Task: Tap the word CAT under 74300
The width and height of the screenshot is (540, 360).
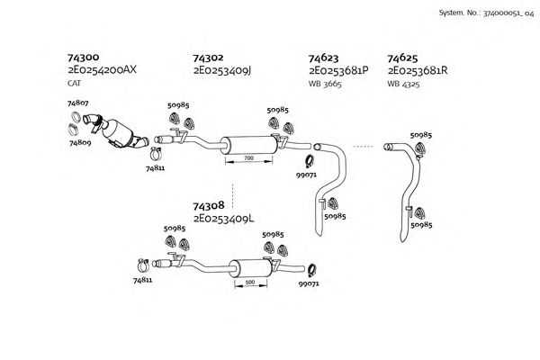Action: tap(74, 83)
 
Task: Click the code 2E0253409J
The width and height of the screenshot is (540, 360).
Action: tap(221, 70)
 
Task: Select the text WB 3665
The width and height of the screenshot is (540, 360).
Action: tap(325, 83)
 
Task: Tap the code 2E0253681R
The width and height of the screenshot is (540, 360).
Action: tap(418, 70)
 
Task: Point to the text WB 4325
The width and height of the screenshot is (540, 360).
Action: tap(404, 83)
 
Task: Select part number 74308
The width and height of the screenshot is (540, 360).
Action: tap(209, 205)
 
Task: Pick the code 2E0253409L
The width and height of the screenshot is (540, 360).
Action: tap(222, 218)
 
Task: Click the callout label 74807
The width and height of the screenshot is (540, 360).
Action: tap(78, 103)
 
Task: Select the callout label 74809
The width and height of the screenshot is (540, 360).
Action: tap(81, 142)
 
